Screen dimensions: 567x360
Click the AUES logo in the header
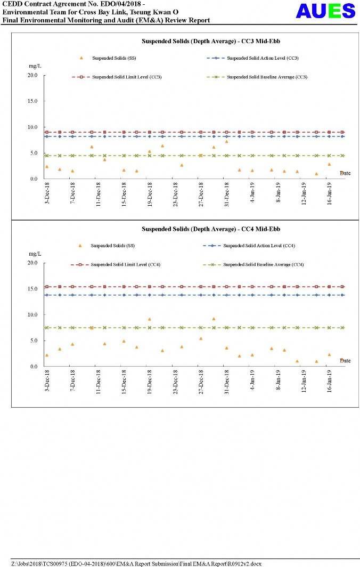(x=325, y=11)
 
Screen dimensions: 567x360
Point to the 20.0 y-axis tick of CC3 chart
(x=32, y=75)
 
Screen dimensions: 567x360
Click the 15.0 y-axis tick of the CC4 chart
(x=32, y=289)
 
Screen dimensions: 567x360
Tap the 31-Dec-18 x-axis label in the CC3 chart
(x=227, y=195)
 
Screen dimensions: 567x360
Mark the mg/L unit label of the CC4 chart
(x=35, y=254)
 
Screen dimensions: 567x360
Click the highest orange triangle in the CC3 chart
(x=226, y=142)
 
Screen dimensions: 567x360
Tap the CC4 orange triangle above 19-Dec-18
(x=150, y=319)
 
